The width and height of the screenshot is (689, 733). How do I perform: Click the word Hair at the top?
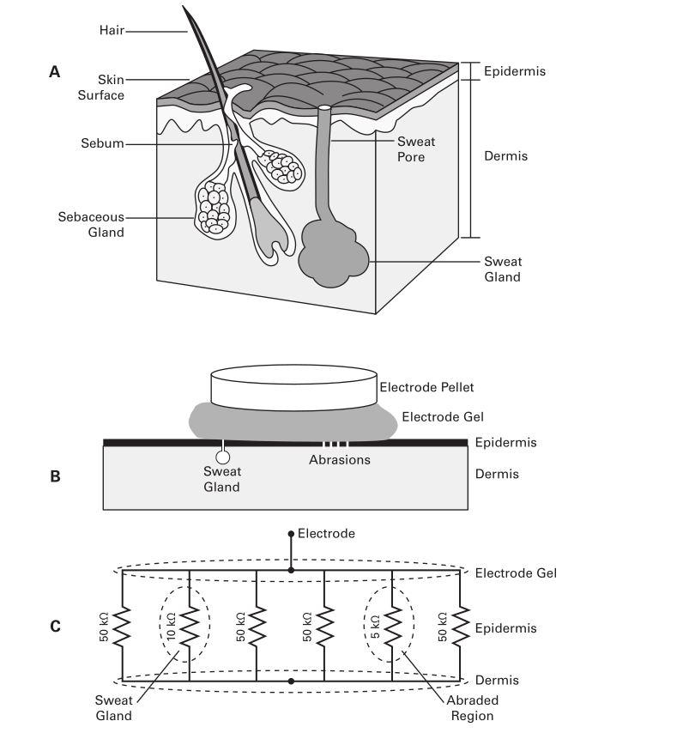tap(112, 30)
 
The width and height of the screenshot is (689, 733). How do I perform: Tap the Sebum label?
tap(102, 143)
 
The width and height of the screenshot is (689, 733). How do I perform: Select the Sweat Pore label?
tap(416, 149)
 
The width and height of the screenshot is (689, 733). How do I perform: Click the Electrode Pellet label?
tap(426, 388)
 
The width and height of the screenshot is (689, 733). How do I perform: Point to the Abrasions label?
tap(340, 460)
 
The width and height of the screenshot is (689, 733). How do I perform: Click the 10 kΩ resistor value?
tap(171, 627)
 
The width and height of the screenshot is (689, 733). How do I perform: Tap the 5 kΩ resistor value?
tap(375, 627)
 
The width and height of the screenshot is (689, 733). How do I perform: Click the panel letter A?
tap(55, 72)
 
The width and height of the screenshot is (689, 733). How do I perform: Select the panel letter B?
tap(55, 476)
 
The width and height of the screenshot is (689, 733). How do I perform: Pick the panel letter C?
tap(55, 626)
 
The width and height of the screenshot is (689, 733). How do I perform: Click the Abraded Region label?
tap(472, 708)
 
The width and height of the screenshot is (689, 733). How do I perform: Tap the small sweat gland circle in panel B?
tap(223, 457)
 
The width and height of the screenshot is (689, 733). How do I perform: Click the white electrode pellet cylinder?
tap(294, 388)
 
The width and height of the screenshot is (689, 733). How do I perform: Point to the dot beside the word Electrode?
tap(291, 533)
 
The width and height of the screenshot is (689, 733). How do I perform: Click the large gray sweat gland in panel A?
tap(333, 255)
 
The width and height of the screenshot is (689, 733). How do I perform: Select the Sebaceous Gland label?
tap(91, 224)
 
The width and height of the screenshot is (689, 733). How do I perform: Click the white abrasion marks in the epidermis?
tap(335, 443)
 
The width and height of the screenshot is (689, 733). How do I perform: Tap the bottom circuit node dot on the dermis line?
tap(291, 682)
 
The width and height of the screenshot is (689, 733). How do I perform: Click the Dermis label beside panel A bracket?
tap(505, 156)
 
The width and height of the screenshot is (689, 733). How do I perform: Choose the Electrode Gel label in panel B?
tap(443, 417)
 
